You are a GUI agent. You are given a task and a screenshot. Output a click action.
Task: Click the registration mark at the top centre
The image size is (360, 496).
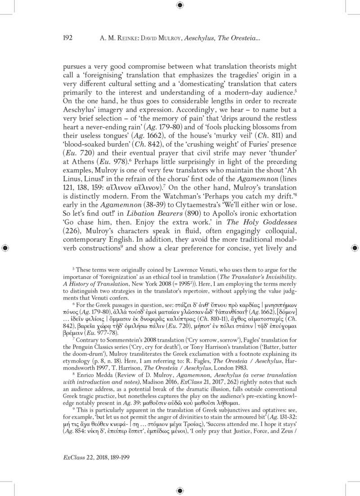pyautogui.click(x=180, y=5)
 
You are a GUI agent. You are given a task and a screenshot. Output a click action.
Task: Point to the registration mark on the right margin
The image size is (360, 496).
pyautogui.click(x=354, y=247)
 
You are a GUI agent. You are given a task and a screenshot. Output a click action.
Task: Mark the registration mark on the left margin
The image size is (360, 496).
pyautogui.click(x=5, y=247)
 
